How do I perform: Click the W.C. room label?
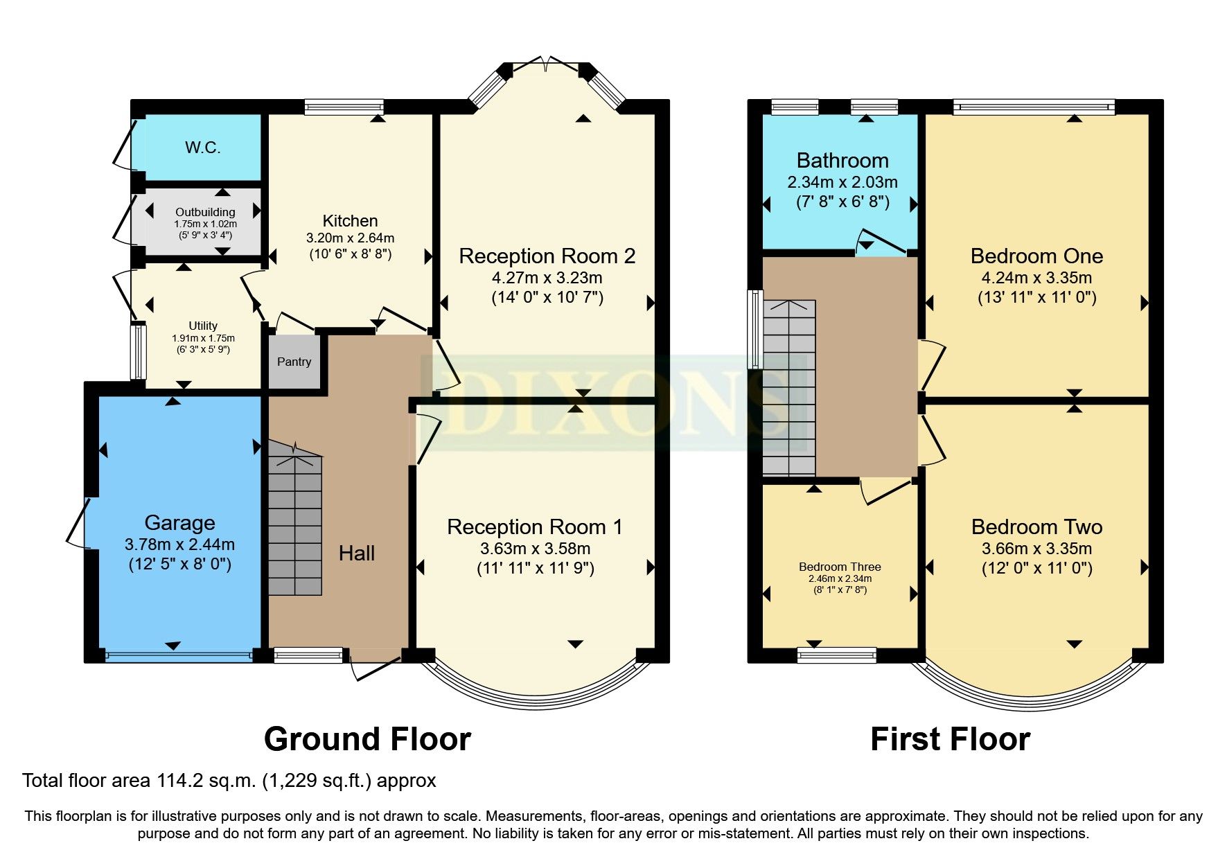coord(202,148)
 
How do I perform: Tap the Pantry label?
coord(294,362)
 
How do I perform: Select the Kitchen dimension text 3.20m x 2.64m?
coord(350,238)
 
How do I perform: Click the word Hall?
coord(357,553)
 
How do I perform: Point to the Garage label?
coord(179,522)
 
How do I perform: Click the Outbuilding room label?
coord(205,212)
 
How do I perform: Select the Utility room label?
coord(203,326)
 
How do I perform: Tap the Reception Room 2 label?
coord(547,256)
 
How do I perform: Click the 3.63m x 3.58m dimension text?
coord(535,549)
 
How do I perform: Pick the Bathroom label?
coord(842,161)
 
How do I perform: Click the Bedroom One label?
coord(1036,256)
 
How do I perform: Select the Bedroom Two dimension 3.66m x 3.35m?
coord(1036,549)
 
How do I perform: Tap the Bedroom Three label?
coord(840,567)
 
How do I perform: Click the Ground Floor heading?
coord(367,739)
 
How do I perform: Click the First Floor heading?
coord(950,739)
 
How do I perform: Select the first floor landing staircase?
coord(789,388)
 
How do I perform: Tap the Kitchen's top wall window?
coord(344,107)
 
